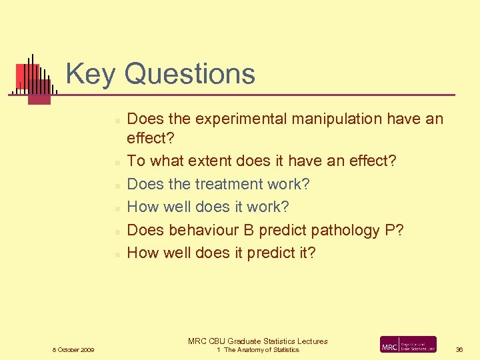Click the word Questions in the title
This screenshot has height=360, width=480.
(190, 73)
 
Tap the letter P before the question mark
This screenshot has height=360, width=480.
(390, 230)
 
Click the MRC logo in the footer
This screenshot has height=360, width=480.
(408, 345)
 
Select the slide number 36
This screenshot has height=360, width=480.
(459, 350)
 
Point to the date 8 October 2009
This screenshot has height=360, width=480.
(73, 350)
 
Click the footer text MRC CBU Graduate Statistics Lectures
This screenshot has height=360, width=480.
(257, 341)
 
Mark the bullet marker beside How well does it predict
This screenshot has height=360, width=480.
(116, 254)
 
